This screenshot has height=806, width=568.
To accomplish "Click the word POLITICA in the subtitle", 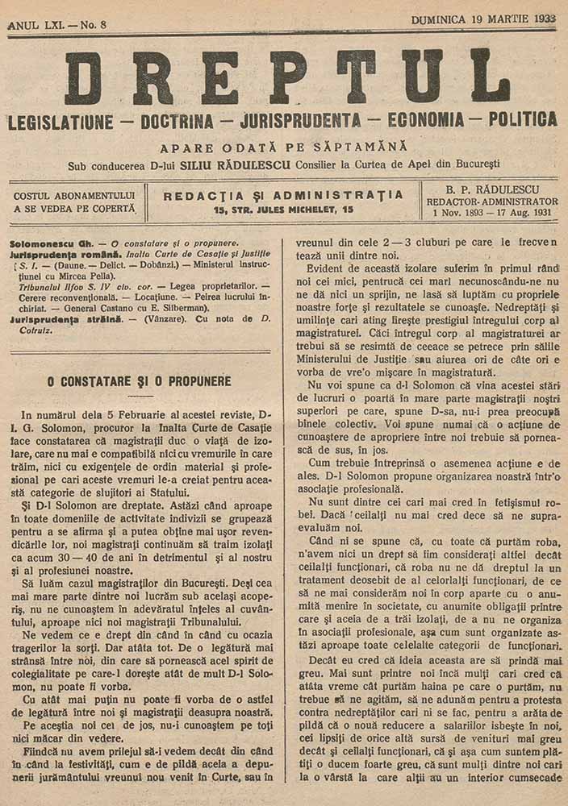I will [521, 120].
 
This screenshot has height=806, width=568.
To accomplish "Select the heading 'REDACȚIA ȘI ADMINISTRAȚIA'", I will [282, 195].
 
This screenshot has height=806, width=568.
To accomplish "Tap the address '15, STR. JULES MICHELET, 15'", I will [283, 210].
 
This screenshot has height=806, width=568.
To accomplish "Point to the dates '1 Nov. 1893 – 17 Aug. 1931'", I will [491, 214].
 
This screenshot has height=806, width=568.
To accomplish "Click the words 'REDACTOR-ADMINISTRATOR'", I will [491, 201].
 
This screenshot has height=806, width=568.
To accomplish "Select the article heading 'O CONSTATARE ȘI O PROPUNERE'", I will [140, 380].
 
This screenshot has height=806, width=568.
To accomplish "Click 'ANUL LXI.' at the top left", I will [35, 25].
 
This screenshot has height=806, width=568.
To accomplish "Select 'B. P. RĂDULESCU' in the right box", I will [491, 190].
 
